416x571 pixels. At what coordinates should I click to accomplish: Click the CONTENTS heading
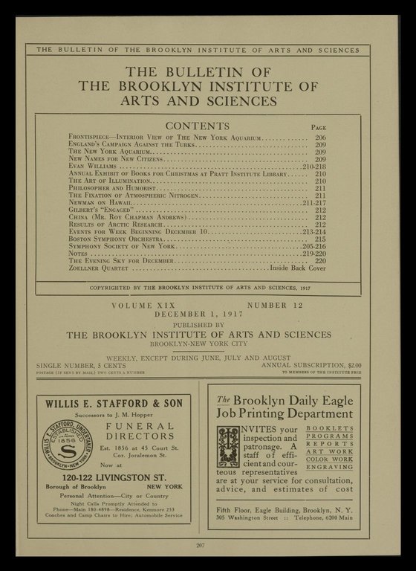[x=197, y=126]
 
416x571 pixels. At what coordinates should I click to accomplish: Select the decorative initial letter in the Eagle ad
[x=228, y=446]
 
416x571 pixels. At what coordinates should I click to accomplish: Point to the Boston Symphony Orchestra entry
[x=114, y=239]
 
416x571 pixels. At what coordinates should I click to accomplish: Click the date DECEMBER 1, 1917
[x=200, y=314]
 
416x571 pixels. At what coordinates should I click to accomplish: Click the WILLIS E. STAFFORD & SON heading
[x=113, y=404]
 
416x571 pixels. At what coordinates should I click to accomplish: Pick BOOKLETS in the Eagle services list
[x=329, y=429]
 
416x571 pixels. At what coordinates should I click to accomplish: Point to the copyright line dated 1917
[x=199, y=287]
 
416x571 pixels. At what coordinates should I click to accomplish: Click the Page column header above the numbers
[x=319, y=128]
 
